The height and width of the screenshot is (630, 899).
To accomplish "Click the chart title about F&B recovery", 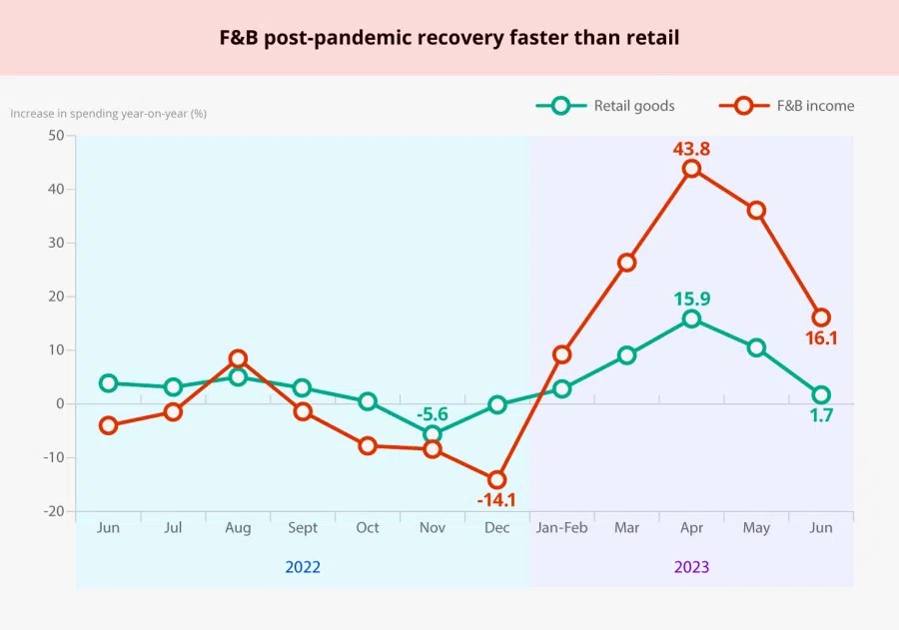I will coord(449,38).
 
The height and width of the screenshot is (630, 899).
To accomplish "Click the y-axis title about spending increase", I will coord(108,113).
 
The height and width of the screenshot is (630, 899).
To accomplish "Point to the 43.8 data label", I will coord(691,148).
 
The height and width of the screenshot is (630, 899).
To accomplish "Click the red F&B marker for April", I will coord(691,169).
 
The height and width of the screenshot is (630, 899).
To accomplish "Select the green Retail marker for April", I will coord(691,318).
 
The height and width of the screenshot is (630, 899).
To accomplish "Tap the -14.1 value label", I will coord(496,500).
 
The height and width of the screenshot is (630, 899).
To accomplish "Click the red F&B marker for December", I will coord(496,479).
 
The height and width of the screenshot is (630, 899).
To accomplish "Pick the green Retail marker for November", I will coord(432,434).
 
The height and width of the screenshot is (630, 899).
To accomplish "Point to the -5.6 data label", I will coord(432,412).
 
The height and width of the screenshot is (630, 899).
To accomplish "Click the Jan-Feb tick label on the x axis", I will coord(561,527).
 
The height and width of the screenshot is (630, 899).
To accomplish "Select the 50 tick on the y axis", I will coord(56,136).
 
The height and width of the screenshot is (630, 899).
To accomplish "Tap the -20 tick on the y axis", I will coord(52,511).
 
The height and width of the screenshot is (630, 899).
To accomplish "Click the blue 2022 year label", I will coord(303,567).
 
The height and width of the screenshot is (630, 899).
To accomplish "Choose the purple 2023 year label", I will coord(691,567).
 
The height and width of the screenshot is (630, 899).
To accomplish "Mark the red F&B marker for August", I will coord(238,358).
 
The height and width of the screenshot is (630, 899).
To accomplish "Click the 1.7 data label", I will coord(821,415).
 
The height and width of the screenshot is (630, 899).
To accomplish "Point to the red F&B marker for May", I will coord(756,211).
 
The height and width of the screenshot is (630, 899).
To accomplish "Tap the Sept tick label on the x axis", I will coord(303,527).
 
